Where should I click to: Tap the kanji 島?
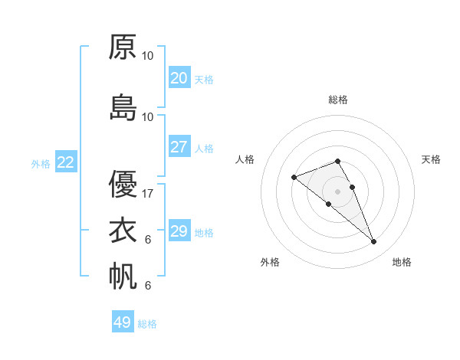[x=123, y=107]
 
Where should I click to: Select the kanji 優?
[x=123, y=184]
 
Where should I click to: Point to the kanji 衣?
[x=123, y=230]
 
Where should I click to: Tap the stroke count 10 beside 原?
[x=148, y=56]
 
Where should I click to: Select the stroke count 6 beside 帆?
[x=148, y=286]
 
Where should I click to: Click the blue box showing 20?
[x=179, y=78]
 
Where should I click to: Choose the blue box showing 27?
[x=179, y=147]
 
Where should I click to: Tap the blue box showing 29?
[x=179, y=231]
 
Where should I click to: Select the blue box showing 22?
[x=65, y=162]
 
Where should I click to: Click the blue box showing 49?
[x=123, y=322]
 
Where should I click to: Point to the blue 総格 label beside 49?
[x=148, y=324]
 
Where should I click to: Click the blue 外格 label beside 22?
[x=41, y=164]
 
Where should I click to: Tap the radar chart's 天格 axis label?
[x=432, y=159]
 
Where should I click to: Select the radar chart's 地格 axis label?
[x=402, y=262]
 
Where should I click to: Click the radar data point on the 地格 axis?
[x=373, y=242]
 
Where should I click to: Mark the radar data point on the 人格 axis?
[x=294, y=178]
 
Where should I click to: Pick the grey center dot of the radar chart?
[x=337, y=191]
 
